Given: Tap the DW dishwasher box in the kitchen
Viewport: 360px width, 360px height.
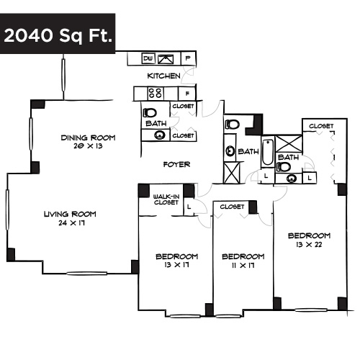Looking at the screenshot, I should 148,58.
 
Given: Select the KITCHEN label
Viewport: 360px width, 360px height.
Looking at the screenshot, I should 163,76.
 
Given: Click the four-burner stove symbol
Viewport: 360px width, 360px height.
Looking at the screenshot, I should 154,93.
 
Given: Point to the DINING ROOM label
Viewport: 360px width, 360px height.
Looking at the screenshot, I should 88,138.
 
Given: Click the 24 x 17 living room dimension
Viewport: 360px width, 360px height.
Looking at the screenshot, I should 71,224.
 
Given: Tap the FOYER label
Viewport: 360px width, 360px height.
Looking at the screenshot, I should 176,164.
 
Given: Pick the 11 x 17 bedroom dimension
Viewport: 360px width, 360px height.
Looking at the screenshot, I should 243,266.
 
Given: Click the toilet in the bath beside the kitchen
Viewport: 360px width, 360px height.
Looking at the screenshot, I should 150,113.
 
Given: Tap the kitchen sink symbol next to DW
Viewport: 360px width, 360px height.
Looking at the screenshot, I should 165,58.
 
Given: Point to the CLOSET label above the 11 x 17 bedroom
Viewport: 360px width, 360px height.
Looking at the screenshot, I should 232,207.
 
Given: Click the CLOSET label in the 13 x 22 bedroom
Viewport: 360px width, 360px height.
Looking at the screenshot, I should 321,126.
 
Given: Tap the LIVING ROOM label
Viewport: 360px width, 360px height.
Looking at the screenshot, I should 70,214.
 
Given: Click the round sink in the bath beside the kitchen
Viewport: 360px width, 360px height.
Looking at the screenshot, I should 158,135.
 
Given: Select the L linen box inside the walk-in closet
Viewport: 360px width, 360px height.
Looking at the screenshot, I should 189,207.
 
